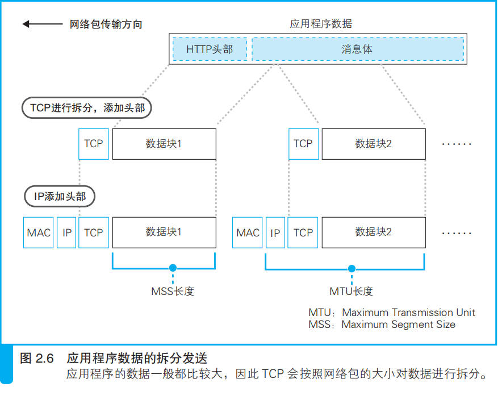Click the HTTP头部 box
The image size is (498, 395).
(210, 49)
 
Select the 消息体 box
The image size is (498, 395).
(357, 49)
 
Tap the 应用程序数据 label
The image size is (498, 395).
(321, 24)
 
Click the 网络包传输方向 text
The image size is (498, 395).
(106, 24)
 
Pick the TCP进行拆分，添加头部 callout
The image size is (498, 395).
(87, 108)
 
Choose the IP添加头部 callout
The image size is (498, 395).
(60, 197)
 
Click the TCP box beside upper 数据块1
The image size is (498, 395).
(93, 144)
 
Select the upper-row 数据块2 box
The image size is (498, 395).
(373, 144)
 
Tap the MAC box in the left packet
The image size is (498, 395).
(39, 232)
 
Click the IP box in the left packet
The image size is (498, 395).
(67, 232)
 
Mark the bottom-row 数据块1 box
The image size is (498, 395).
(164, 232)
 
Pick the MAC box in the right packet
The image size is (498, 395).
(248, 232)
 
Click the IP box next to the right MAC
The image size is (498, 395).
(275, 232)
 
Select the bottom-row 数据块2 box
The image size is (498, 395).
(373, 232)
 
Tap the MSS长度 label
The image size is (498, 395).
(173, 292)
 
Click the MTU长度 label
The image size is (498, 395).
(351, 292)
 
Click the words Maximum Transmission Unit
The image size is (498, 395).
(408, 313)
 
